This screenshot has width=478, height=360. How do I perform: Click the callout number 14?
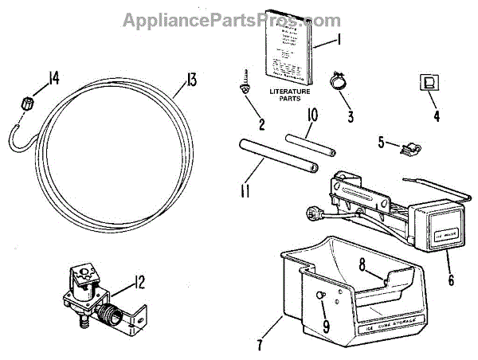[x=53, y=78]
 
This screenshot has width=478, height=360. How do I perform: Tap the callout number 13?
[x=190, y=80]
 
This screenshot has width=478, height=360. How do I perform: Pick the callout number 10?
[x=312, y=115]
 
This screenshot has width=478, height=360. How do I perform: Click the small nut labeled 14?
[x=24, y=102]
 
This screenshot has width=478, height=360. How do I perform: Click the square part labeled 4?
[x=428, y=83]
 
